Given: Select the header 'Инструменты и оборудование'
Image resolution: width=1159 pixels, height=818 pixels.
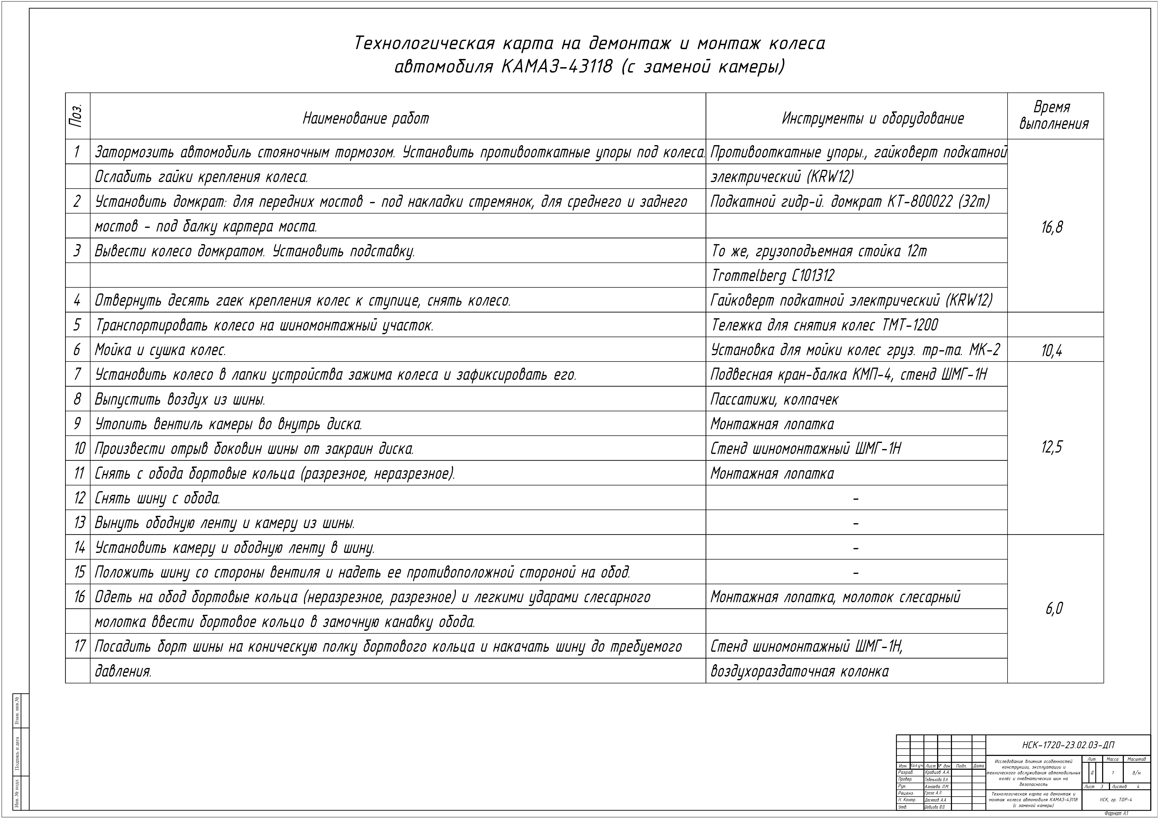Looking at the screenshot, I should [x=873, y=119].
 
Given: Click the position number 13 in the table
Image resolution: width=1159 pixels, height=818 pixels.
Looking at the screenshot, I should [x=79, y=522].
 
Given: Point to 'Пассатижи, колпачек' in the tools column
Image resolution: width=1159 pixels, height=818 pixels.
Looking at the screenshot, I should [x=774, y=399].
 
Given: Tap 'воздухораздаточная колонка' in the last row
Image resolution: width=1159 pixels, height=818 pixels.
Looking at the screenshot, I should [x=800, y=671].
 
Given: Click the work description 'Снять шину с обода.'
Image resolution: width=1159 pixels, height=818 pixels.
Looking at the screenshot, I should [x=157, y=498].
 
